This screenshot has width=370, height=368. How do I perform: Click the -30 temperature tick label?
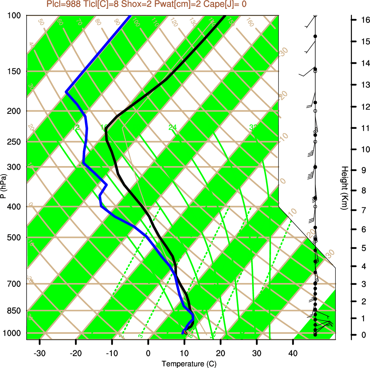point(40,353)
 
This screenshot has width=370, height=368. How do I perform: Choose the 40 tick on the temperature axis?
point(293,353)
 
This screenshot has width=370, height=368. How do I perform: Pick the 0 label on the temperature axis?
point(148,353)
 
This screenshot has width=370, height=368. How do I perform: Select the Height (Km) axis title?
point(345,188)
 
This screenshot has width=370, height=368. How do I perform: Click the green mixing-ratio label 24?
point(172,127)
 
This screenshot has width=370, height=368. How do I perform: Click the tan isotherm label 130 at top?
point(193,23)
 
